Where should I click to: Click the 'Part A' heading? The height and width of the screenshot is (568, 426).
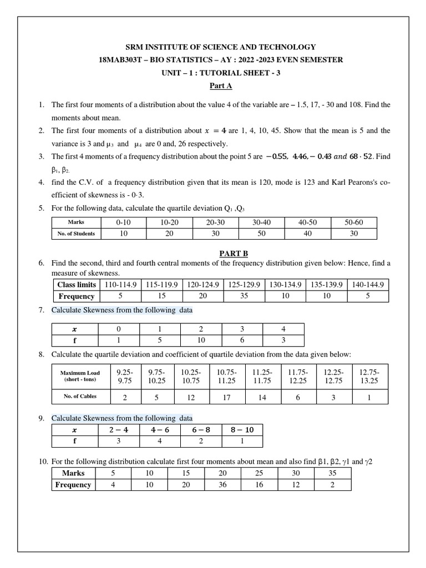coord(220,86)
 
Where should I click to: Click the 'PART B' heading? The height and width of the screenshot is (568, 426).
coord(220,253)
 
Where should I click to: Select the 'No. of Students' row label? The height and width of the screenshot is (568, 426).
coord(76,234)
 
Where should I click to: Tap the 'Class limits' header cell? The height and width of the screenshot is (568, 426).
coord(76,285)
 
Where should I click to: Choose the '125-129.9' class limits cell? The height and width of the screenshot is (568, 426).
coord(244,285)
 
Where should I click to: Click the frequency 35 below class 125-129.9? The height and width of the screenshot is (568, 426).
coord(244,296)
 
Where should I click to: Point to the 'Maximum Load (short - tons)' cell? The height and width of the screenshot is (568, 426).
coord(80,376)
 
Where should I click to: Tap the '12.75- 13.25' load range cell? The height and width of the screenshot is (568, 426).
coord(369,376)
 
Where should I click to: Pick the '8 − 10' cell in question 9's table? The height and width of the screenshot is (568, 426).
coord(242,430)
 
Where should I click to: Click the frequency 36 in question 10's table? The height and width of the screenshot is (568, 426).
coord(222,485)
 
